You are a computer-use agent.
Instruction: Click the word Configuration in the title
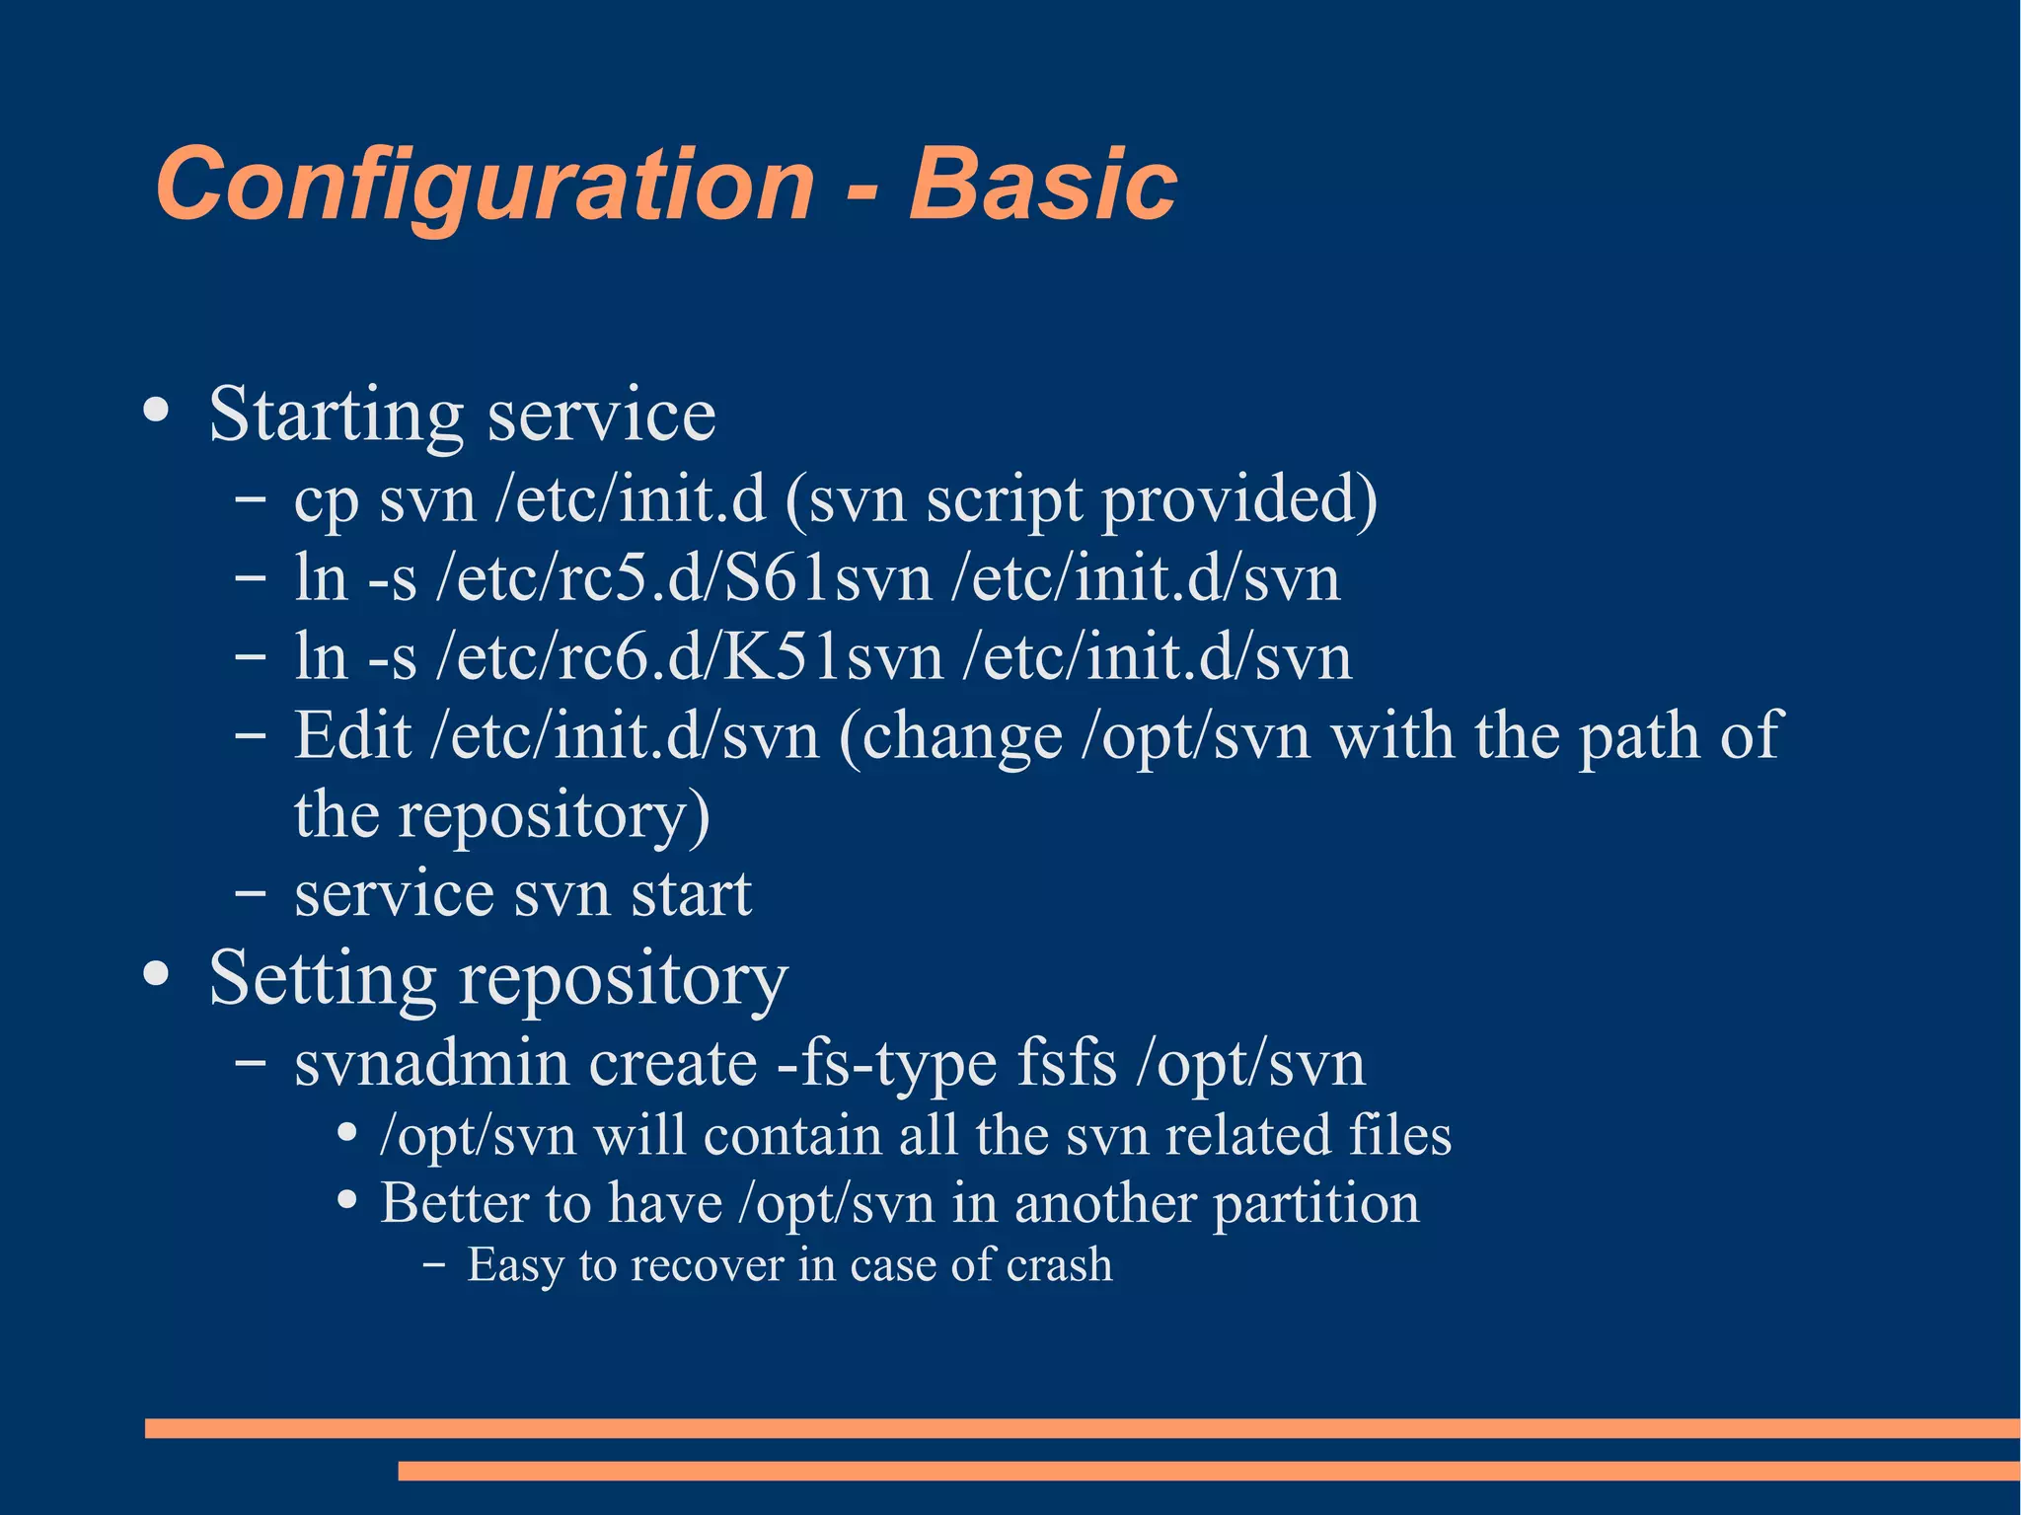coord(484,185)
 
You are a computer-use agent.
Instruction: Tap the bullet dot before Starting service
coord(156,410)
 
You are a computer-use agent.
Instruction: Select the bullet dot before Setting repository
coord(156,974)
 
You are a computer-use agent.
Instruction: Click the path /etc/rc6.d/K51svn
coord(689,657)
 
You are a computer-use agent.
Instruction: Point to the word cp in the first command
coord(326,501)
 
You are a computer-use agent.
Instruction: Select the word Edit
coord(352,735)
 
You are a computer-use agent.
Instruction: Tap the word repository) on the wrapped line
coord(554,815)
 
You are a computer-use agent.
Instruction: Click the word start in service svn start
coord(691,894)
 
